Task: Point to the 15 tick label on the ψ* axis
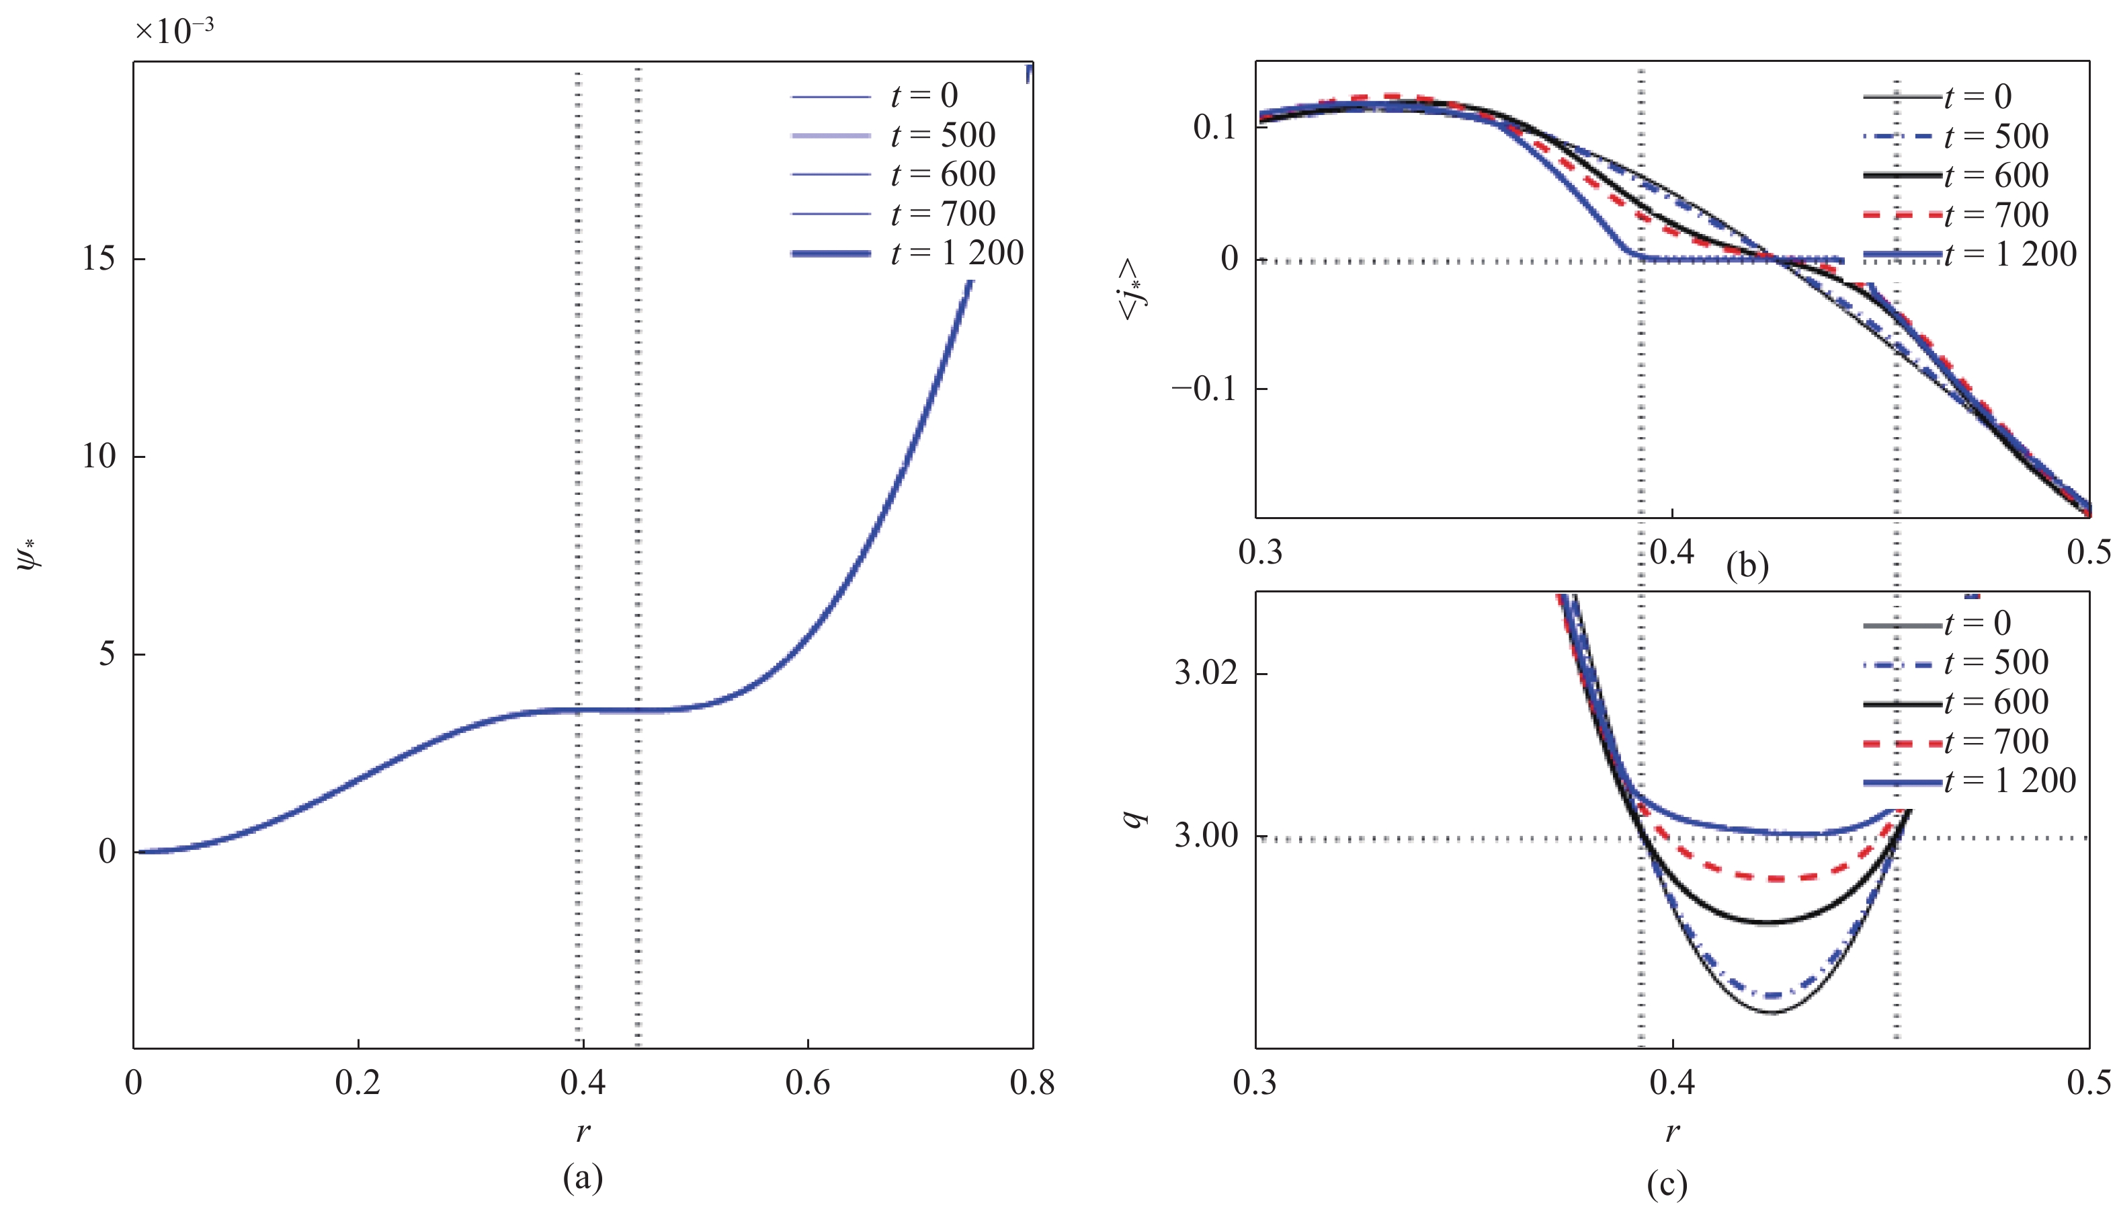99,260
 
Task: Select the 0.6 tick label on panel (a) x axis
807,1083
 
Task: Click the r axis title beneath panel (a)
583,1131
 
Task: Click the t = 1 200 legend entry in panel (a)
907,253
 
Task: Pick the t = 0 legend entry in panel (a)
875,96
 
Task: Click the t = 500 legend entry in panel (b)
1956,136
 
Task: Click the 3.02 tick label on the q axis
1206,672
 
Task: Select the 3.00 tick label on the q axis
1206,836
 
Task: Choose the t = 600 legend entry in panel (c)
1956,702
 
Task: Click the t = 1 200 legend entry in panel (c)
1970,781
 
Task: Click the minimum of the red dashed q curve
1769,878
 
